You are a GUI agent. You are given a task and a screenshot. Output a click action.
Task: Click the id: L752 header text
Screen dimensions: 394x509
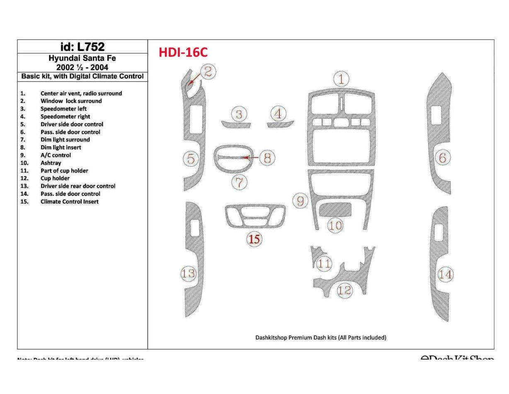click(x=82, y=46)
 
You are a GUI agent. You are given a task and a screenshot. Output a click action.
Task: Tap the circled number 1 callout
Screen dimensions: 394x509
click(x=341, y=79)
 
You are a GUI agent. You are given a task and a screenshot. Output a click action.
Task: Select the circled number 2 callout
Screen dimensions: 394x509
click(x=208, y=71)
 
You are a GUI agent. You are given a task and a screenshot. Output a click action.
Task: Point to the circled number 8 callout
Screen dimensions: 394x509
click(x=267, y=158)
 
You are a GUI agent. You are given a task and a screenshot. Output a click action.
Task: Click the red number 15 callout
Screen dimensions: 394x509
click(x=254, y=238)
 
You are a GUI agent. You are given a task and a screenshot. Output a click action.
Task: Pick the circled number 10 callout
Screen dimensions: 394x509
click(x=335, y=225)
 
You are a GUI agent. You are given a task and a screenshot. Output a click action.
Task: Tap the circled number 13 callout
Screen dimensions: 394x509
click(x=188, y=273)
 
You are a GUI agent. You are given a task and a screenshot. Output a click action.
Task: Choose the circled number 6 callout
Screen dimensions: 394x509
click(x=442, y=158)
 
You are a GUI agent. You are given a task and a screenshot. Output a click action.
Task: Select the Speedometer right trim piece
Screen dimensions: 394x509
click(x=280, y=124)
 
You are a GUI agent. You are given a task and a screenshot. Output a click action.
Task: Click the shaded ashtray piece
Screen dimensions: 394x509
click(x=335, y=209)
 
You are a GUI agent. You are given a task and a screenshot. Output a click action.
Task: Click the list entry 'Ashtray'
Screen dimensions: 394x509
click(x=51, y=163)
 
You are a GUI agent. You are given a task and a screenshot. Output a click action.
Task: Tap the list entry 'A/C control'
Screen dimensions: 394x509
click(x=56, y=155)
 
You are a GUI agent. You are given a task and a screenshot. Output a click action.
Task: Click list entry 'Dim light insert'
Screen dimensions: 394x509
click(x=61, y=147)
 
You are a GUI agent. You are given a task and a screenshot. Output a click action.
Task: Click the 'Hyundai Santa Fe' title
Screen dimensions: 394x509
click(x=82, y=58)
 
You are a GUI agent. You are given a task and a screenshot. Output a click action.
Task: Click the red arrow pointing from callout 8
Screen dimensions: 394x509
click(x=251, y=158)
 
